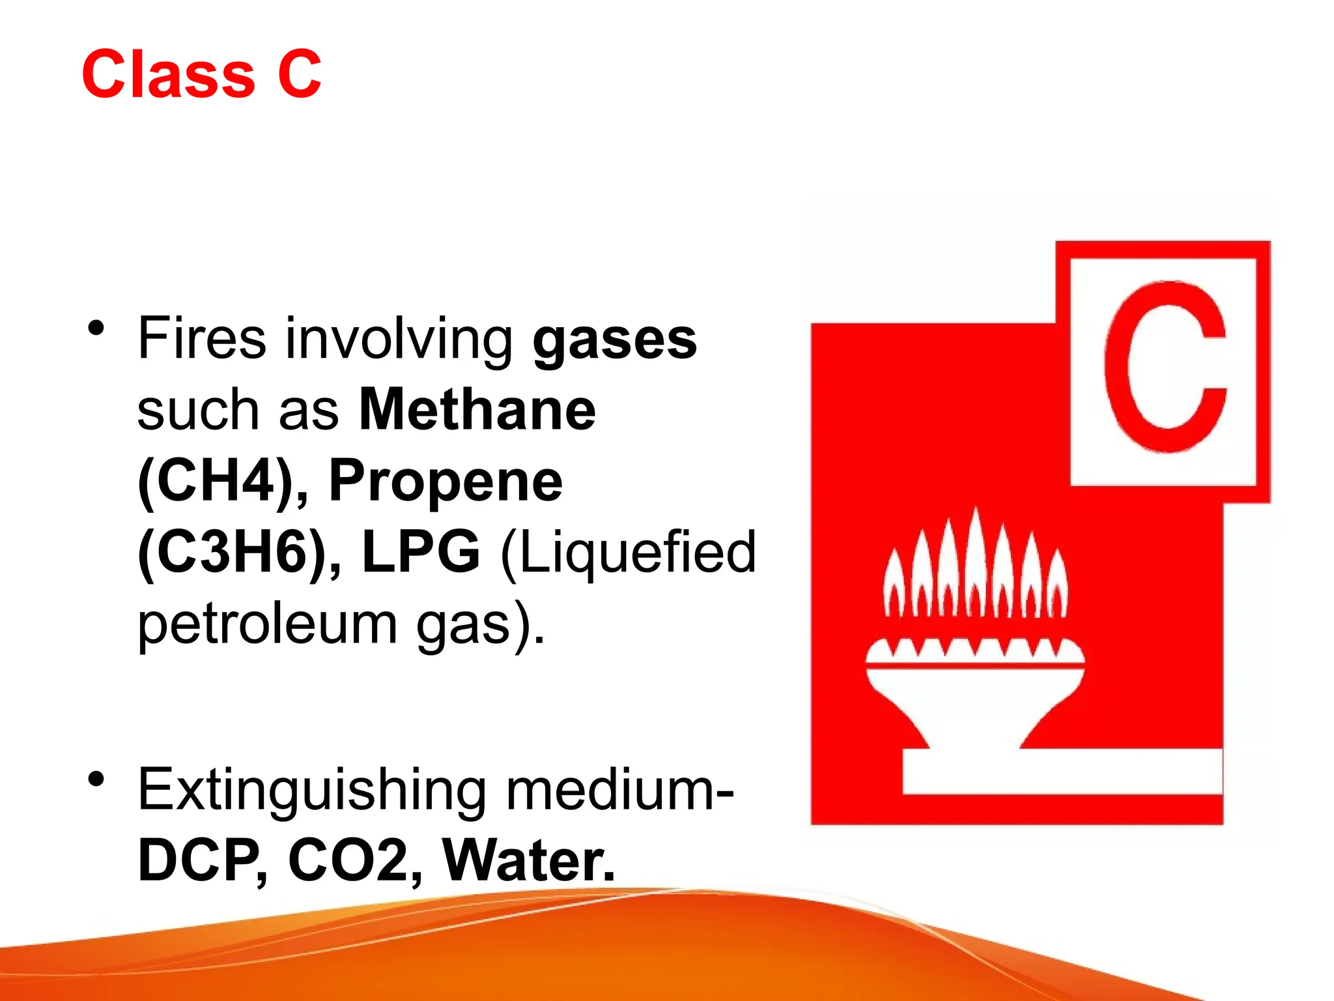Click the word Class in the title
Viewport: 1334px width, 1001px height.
168,75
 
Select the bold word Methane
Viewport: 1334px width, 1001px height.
477,410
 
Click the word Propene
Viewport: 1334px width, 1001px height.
446,481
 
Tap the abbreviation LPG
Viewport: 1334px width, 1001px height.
421,552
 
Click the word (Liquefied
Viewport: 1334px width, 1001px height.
628,552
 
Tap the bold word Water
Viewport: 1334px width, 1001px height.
528,861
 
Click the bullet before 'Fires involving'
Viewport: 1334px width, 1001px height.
97,328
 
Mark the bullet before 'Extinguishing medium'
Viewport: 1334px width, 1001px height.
97,779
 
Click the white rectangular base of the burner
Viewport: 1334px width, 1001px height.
1062,772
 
